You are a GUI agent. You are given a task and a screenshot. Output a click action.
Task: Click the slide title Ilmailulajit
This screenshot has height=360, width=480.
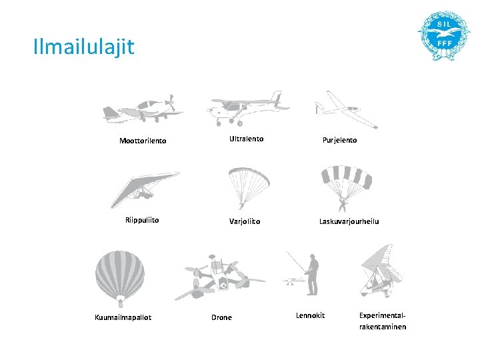point(83,47)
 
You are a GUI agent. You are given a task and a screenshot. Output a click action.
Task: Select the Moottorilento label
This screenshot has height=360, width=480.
point(143,141)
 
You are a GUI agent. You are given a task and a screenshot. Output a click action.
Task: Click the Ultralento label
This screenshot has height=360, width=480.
point(246,139)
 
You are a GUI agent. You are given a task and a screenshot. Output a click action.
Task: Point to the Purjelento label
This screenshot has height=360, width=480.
point(339,140)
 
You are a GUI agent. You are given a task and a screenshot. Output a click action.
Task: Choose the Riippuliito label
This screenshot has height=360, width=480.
point(142,219)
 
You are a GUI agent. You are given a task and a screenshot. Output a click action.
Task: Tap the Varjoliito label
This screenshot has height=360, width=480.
point(245,221)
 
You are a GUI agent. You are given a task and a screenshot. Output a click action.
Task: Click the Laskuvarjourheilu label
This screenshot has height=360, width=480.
point(349,221)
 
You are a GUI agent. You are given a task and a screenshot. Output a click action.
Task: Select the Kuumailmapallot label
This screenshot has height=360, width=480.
point(123,317)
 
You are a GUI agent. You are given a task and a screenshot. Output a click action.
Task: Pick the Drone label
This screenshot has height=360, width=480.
point(221,317)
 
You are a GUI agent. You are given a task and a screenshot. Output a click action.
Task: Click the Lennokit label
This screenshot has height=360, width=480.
point(310,315)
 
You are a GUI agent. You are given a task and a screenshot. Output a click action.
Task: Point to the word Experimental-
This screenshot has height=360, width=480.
point(382,315)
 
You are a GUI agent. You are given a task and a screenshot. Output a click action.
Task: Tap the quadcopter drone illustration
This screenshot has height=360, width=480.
point(219,277)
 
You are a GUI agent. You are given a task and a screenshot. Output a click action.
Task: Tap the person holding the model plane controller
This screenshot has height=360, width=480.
point(313,273)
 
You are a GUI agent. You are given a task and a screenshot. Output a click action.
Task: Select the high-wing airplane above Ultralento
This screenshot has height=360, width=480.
point(247,107)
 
